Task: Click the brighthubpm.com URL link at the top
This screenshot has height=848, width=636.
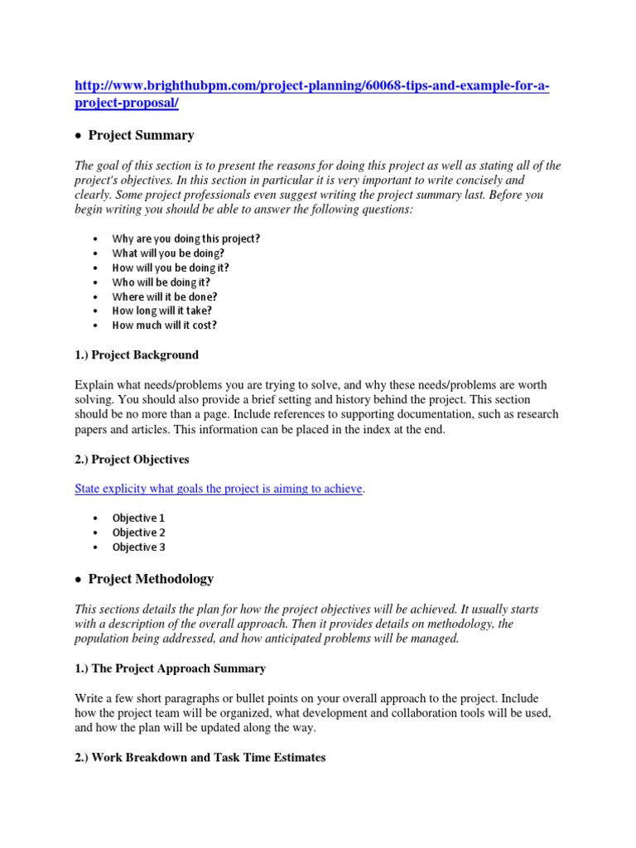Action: (311, 87)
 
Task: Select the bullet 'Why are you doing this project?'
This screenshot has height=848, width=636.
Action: (185, 238)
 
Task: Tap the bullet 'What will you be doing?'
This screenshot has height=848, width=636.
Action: (168, 253)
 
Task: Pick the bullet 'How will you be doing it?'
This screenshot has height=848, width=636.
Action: (171, 267)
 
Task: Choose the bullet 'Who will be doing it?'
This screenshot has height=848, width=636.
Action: (161, 282)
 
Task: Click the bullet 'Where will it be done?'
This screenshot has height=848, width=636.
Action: (165, 296)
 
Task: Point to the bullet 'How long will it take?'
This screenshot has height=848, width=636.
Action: (162, 311)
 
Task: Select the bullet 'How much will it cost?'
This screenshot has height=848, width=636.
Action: (165, 325)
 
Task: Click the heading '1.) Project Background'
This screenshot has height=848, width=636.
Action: (137, 355)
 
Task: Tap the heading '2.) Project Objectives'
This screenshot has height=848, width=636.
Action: (132, 459)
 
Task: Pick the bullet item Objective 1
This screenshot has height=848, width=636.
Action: (138, 518)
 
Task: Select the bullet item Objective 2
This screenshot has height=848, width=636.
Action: (138, 532)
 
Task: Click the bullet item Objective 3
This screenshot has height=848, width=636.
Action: (138, 547)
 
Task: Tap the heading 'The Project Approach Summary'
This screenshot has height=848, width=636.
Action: (170, 667)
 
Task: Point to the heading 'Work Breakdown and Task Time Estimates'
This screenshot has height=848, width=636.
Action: (200, 758)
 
